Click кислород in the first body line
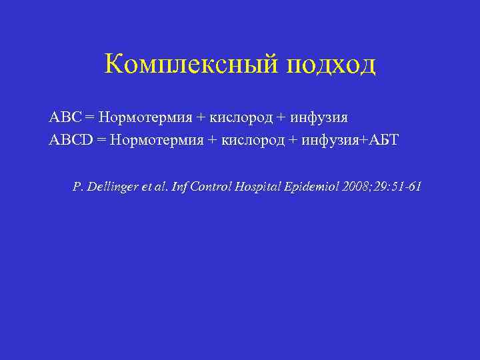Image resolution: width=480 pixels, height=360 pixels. (x=241, y=118)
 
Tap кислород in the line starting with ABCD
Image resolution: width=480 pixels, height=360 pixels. (x=253, y=140)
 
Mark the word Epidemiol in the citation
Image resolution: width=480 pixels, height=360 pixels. (x=315, y=187)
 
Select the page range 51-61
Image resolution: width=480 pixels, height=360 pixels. (x=407, y=187)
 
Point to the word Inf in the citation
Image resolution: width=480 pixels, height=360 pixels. (x=179, y=187)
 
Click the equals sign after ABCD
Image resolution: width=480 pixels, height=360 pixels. (x=101, y=140)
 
